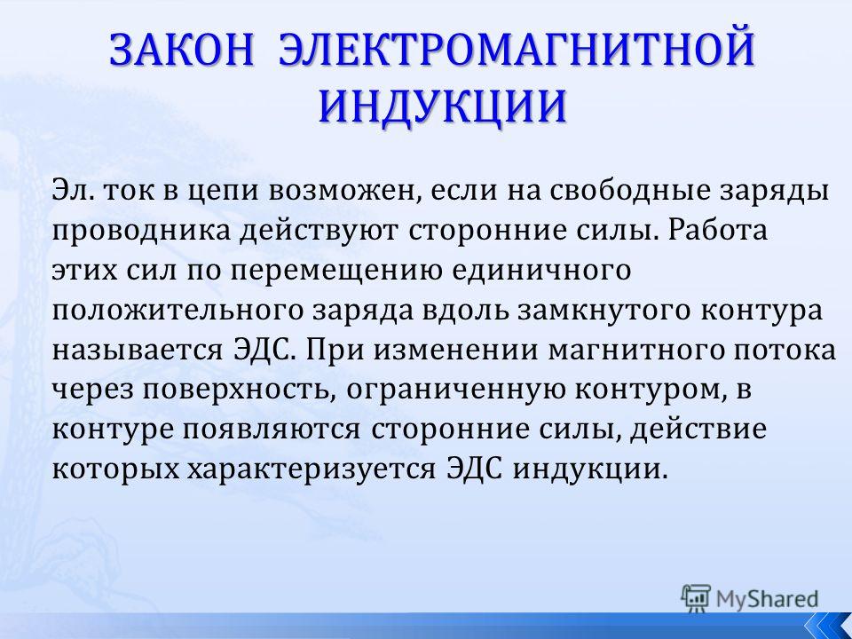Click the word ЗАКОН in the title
tap(181, 50)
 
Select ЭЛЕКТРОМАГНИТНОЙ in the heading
tap(517, 50)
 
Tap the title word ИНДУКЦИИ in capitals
tap(442, 106)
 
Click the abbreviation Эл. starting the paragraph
tap(73, 192)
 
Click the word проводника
tap(141, 232)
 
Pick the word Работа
tap(717, 231)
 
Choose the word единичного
tap(541, 270)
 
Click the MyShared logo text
tap(767, 599)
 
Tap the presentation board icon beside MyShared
tap(696, 598)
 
